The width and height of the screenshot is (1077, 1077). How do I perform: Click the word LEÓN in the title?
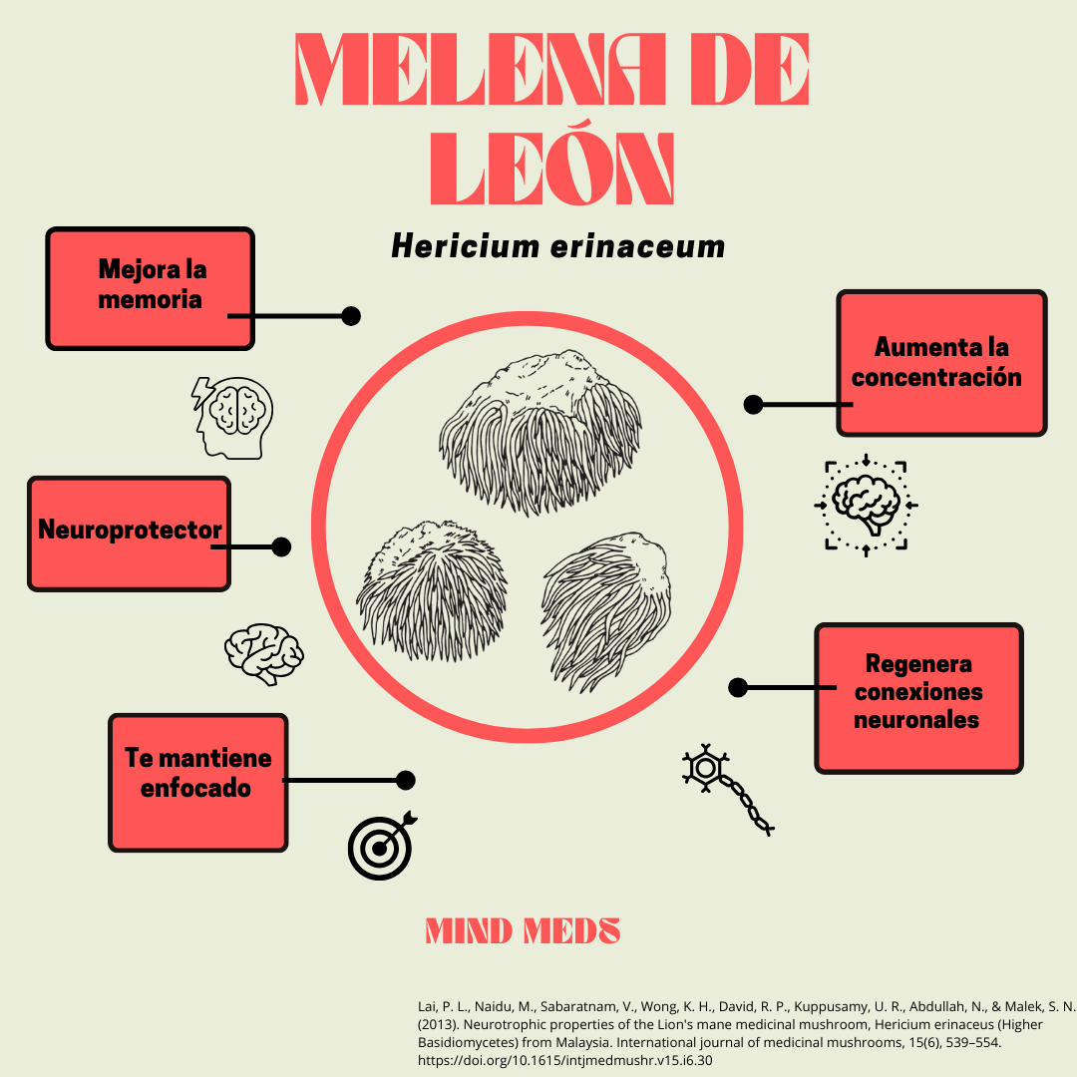(551, 165)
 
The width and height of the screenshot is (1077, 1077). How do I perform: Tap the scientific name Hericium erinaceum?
(557, 246)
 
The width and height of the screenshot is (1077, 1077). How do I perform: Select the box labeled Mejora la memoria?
(151, 288)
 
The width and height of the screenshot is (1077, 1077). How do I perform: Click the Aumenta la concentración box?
(941, 362)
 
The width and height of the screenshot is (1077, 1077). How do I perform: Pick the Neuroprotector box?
(129, 533)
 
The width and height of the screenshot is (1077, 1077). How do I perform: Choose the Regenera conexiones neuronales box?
(918, 697)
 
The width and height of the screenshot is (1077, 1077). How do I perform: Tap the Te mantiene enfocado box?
(197, 782)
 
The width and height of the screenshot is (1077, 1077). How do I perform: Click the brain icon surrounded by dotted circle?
(866, 505)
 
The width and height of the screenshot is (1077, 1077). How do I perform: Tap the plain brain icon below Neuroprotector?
(264, 653)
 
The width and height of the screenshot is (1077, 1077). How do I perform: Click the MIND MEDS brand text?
(523, 931)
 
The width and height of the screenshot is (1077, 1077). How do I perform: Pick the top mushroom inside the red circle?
(540, 431)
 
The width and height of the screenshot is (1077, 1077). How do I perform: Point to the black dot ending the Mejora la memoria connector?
(350, 315)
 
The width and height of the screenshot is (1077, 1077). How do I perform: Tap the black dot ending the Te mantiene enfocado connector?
(405, 780)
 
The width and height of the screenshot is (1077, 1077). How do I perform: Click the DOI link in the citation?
(564, 1059)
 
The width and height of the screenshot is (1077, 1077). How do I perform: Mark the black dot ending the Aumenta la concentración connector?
(754, 404)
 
